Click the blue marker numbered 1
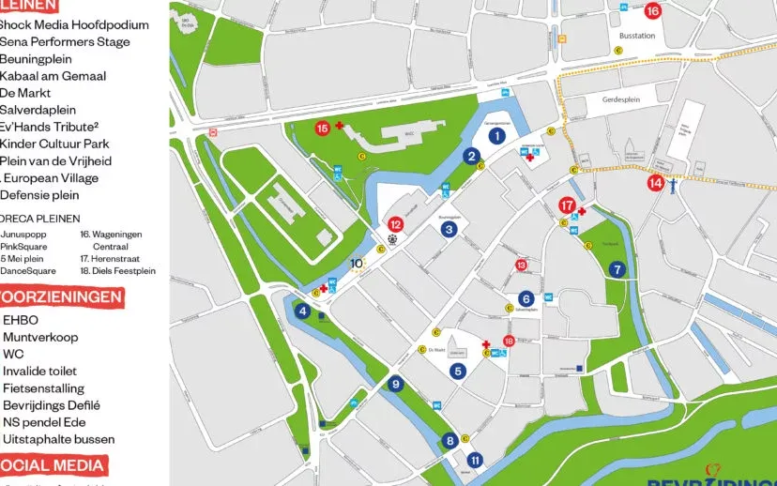pos(497,135)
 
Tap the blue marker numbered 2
pos(472,157)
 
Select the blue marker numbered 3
pos(449,229)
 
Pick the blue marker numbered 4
pos(302,311)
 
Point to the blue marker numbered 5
pos(458,371)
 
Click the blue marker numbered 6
pos(526,298)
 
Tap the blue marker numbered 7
pos(617,269)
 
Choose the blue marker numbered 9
pos(396,383)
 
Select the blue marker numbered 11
pos(475,460)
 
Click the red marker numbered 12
pos(396,224)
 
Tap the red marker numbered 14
pos(655,183)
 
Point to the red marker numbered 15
pos(322,128)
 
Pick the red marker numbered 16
pos(653,11)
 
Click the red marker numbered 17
pos(567,205)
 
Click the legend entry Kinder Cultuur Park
pos(54,144)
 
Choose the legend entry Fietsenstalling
pos(43,387)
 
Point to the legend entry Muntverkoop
pos(40,337)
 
